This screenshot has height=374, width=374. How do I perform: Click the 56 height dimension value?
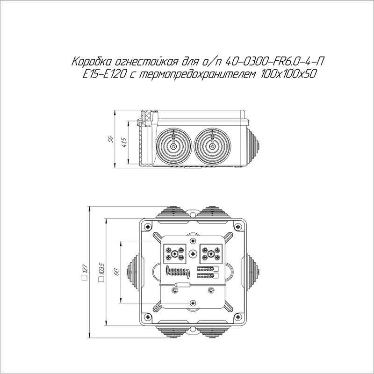(110, 139)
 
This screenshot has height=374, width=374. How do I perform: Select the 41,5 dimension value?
(124, 143)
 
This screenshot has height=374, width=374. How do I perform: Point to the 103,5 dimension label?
(102, 268)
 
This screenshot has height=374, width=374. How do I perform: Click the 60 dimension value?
(116, 272)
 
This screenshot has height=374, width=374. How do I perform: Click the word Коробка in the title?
(91, 62)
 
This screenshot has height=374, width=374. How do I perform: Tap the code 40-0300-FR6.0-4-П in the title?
(274, 62)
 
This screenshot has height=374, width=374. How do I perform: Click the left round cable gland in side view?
(173, 146)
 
